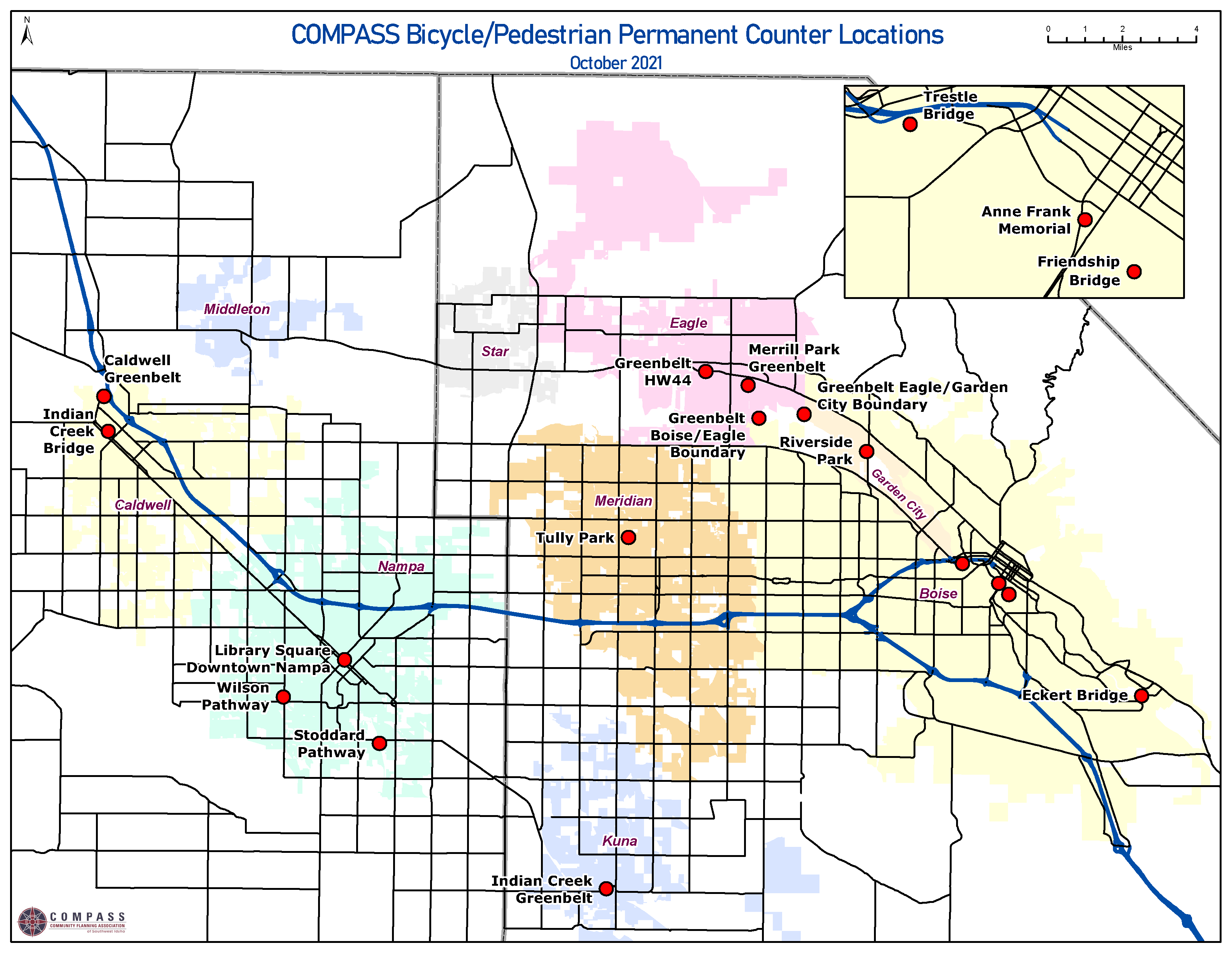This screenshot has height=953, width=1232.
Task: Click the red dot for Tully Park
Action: coord(628,537)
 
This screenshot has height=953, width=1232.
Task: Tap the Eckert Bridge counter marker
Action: coord(1141,695)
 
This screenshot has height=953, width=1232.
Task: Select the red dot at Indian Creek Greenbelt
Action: coord(606,889)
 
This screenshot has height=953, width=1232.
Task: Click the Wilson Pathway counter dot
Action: coord(283,697)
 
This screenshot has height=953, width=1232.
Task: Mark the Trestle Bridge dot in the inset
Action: coord(910,124)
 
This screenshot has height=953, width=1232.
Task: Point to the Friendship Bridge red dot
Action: coord(1134,272)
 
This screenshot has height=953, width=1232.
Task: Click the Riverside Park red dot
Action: coord(867,451)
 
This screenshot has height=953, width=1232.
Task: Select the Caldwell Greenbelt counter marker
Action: coord(104,396)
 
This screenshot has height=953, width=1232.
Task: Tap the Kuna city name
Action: coord(619,841)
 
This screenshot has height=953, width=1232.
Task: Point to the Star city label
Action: coord(495,351)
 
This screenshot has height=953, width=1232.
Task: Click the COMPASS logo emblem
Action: coord(32,921)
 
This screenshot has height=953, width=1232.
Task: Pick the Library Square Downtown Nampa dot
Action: coord(345,659)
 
